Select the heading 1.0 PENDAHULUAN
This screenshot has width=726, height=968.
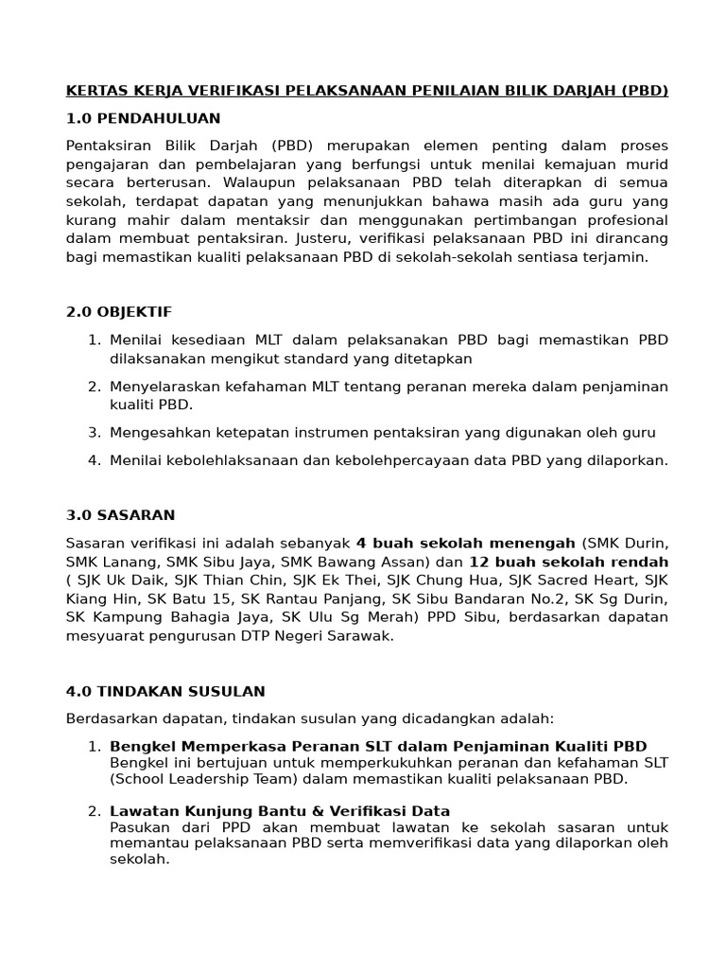(x=143, y=118)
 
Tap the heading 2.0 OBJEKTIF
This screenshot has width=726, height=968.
(x=119, y=312)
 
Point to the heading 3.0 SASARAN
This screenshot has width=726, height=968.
(x=120, y=515)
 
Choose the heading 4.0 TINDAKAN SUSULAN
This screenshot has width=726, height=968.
(x=165, y=691)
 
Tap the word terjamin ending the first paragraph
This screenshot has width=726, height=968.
(x=617, y=256)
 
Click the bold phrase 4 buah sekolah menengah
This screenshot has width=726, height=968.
(x=465, y=543)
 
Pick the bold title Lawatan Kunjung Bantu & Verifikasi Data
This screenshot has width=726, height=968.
(x=280, y=811)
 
